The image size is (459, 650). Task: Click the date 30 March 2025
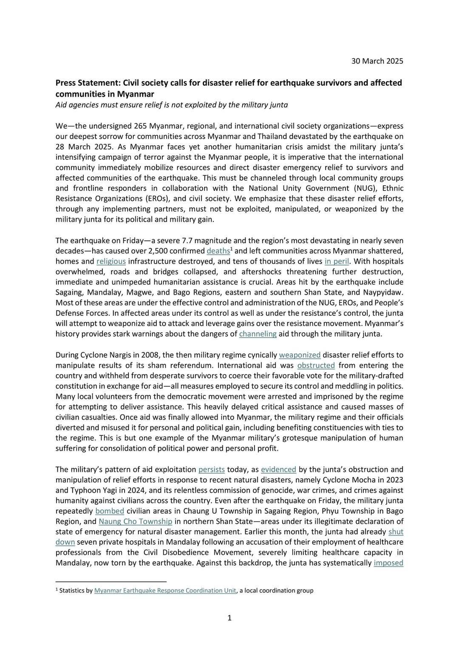coord(377,61)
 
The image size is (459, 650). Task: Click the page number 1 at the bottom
coord(229,618)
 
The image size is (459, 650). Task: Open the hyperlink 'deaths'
coord(218,251)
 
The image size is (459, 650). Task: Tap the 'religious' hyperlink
coord(111,261)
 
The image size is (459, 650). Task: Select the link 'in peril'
coord(337,261)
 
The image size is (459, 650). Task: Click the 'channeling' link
coord(258,334)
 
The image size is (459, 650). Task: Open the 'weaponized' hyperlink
coord(300,355)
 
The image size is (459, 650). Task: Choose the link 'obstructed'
coord(316,365)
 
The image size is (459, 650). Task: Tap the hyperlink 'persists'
coord(211,469)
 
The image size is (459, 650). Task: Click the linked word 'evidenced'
coord(278,469)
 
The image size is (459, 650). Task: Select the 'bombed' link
coord(110,511)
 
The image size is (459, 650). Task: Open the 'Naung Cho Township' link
coord(135,521)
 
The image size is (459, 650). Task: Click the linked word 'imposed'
coord(388,563)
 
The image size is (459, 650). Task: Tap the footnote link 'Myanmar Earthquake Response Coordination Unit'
coord(165,590)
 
